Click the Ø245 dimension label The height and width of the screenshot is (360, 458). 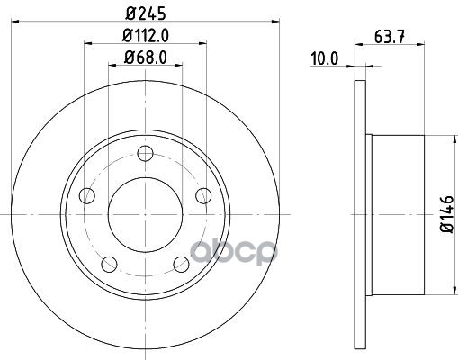point(145,13)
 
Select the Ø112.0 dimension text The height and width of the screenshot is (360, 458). point(146,35)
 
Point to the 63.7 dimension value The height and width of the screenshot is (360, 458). point(390,37)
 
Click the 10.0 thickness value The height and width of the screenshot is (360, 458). point(324,58)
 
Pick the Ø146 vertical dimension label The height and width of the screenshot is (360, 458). point(446,213)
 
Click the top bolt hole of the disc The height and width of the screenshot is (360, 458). point(145,153)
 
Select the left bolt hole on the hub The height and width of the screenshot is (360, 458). point(87,195)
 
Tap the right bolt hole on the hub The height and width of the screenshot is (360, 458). point(203,195)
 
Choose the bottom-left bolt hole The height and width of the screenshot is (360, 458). point(109,265)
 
